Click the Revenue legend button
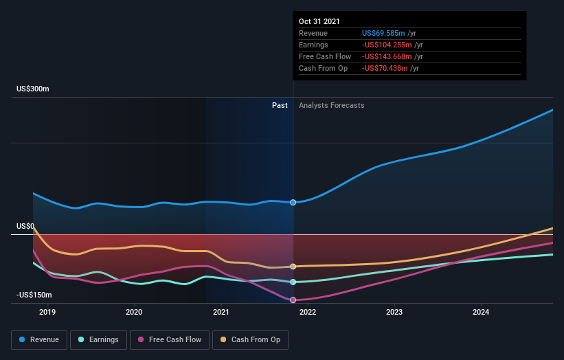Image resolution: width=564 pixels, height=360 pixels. coord(40,339)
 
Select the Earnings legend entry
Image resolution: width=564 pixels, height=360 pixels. coord(98,339)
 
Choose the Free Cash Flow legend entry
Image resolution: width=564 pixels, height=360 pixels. coord(169,339)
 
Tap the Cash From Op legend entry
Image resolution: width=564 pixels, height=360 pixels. coord(251,339)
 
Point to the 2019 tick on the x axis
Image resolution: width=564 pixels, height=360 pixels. coord(47,313)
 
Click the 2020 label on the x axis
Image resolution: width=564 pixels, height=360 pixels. coord(134,313)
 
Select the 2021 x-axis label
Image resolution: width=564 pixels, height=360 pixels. coord(221,313)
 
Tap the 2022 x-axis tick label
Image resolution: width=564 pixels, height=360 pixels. coord(308,313)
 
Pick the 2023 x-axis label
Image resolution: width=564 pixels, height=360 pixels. coord(394,313)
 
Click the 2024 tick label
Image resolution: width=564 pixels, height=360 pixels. coord(481,313)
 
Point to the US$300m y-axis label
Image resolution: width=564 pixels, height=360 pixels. coord(34,89)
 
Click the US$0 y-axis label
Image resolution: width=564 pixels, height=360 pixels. coord(25,226)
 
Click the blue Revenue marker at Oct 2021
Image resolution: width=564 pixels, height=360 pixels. coord(293,202)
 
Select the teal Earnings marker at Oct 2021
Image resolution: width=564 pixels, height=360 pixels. coord(293,282)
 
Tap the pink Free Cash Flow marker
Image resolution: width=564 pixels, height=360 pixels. coord(293,300)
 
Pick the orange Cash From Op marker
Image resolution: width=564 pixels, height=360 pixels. coord(293,266)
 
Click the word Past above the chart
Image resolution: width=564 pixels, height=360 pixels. coord(280,105)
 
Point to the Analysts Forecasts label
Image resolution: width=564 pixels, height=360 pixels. coord(332,105)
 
